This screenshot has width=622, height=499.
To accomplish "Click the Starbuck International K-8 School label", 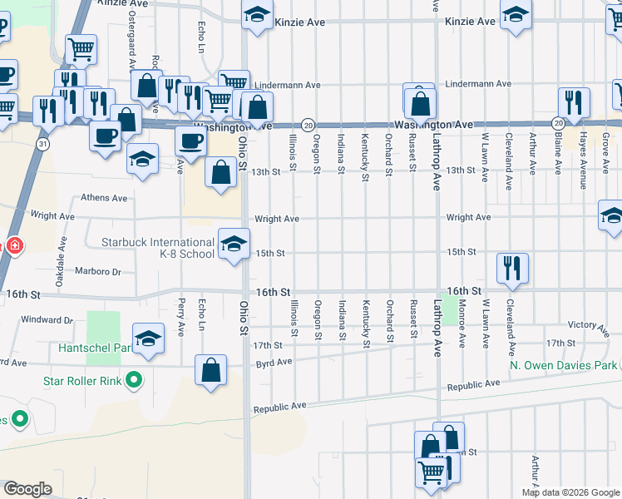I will click(x=157, y=248).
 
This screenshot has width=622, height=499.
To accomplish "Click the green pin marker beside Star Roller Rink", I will click(x=132, y=382).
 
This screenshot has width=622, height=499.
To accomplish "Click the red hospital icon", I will click(x=13, y=246).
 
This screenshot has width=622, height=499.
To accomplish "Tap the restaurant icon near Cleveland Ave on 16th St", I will click(x=511, y=268).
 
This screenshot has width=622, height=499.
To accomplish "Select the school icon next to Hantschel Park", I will click(x=148, y=338).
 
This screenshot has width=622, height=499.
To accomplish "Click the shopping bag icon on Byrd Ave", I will click(x=211, y=369).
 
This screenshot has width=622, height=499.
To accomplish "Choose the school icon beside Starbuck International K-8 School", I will click(x=234, y=244).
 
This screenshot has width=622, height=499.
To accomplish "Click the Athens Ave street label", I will click(x=104, y=199).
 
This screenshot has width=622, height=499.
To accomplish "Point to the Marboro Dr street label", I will click(x=98, y=271).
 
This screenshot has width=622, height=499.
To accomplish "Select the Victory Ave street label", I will click(x=582, y=324).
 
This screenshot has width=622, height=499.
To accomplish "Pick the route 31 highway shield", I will click(x=42, y=144).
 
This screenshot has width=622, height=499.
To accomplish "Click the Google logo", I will click(x=27, y=489).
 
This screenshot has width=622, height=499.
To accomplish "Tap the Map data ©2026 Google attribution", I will click(x=570, y=492).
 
